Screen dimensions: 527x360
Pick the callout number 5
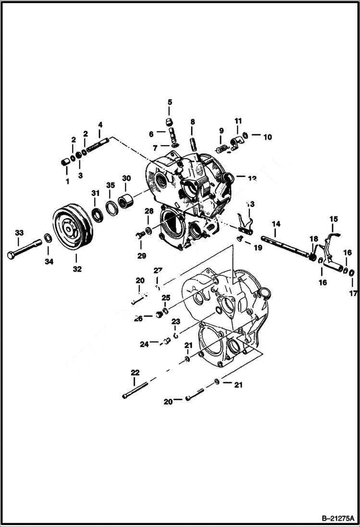[170, 102]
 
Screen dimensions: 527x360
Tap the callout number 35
[111, 185]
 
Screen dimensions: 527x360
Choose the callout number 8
[192, 122]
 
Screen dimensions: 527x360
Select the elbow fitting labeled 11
[236, 141]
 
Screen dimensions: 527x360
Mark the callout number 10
[267, 137]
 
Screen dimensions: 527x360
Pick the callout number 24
[144, 344]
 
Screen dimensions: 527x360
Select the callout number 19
[258, 248]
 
